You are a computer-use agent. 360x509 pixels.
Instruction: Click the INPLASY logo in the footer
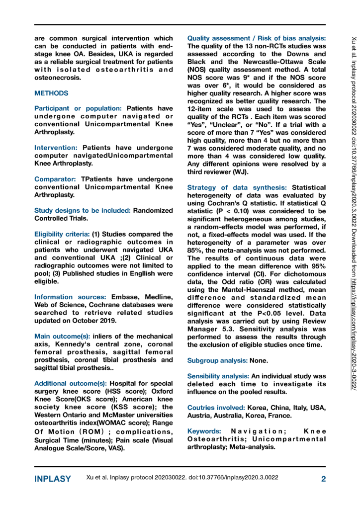pyautogui.click(x=53, y=479)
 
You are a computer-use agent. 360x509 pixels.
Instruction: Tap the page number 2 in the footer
pyautogui.click(x=323, y=479)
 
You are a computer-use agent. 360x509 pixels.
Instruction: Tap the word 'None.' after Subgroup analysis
pyautogui.click(x=262, y=359)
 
